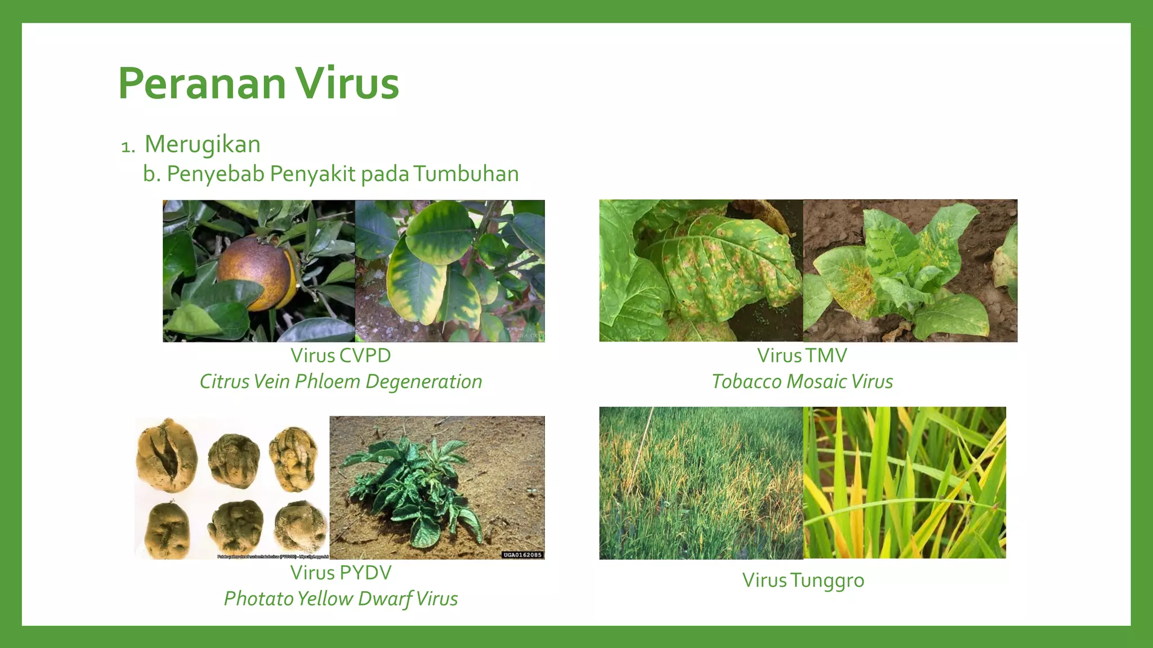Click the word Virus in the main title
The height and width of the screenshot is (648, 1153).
347,84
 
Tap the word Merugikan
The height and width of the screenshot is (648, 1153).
203,145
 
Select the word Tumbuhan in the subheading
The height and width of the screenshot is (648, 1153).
466,174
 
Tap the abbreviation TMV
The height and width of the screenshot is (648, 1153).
826,355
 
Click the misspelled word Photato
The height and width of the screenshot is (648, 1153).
258,598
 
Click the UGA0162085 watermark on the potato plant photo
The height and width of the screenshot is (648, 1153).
522,555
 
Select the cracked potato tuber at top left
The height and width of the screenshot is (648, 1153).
166,454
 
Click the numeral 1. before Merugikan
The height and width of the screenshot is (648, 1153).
128,147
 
